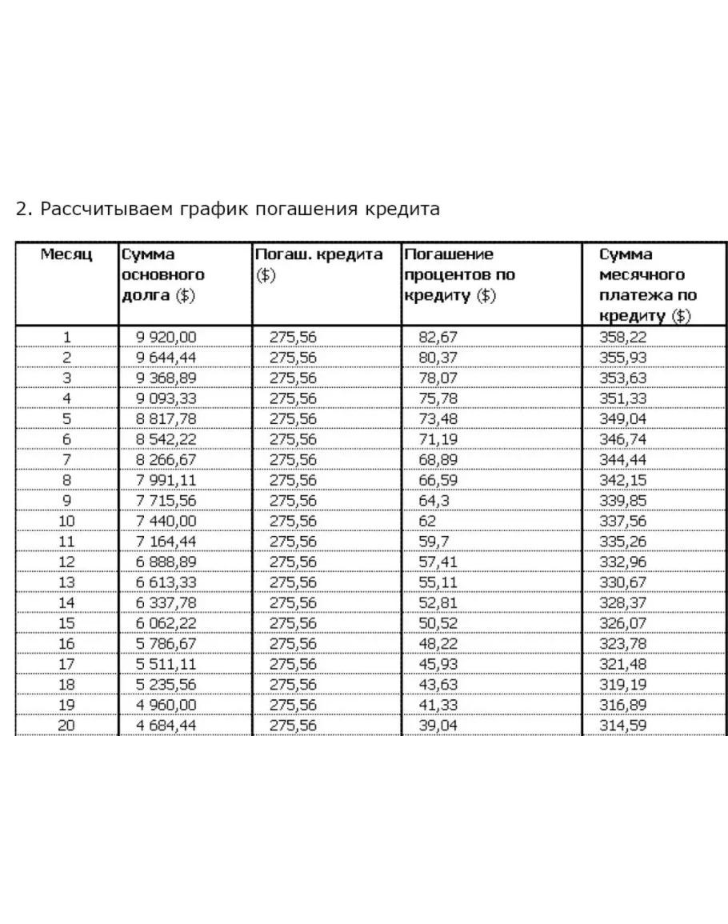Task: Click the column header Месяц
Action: pos(66,254)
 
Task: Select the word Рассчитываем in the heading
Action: pos(104,210)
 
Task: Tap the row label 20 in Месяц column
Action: pos(67,726)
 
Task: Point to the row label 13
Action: pos(67,582)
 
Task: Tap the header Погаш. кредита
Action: pos(318,254)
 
